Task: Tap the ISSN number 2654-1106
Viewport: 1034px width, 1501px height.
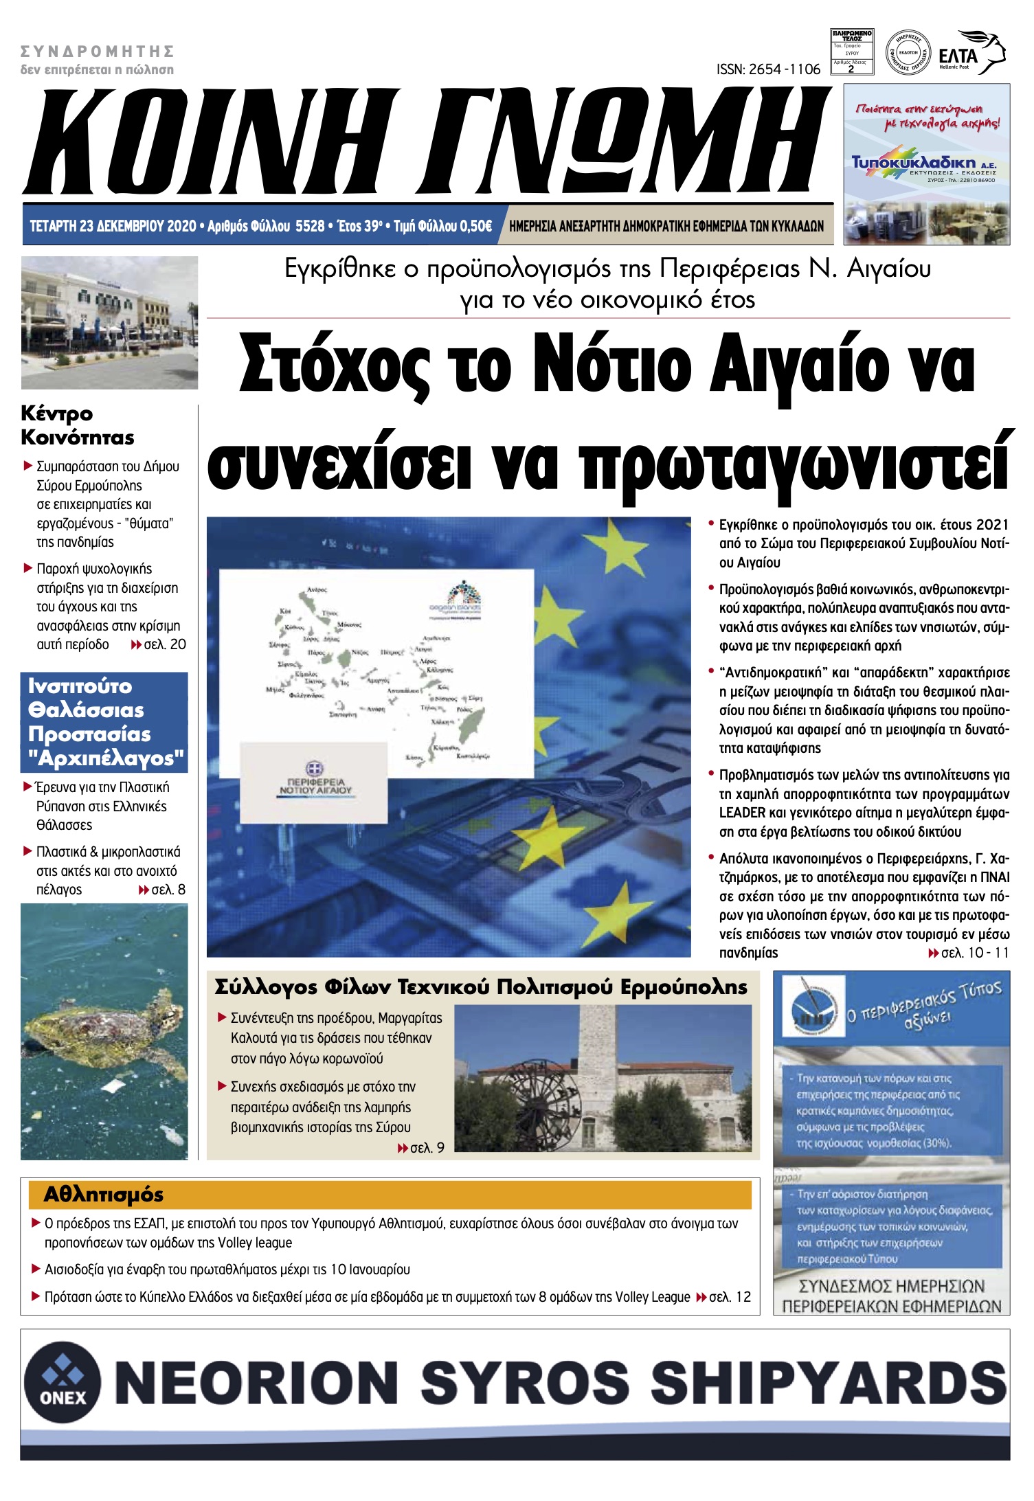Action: point(768,69)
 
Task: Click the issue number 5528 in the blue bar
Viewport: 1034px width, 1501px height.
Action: point(309,226)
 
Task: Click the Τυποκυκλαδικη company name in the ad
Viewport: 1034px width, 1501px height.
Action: point(913,162)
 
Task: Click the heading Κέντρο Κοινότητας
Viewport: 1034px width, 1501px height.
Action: point(77,425)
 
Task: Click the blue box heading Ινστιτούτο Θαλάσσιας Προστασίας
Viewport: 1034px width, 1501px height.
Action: point(104,721)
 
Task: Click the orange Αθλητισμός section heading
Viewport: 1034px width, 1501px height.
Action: point(103,1195)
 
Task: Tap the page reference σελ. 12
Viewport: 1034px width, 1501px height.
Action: point(730,1297)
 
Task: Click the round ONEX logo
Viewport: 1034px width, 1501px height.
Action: point(63,1381)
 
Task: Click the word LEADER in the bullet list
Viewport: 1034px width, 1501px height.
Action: point(742,813)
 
